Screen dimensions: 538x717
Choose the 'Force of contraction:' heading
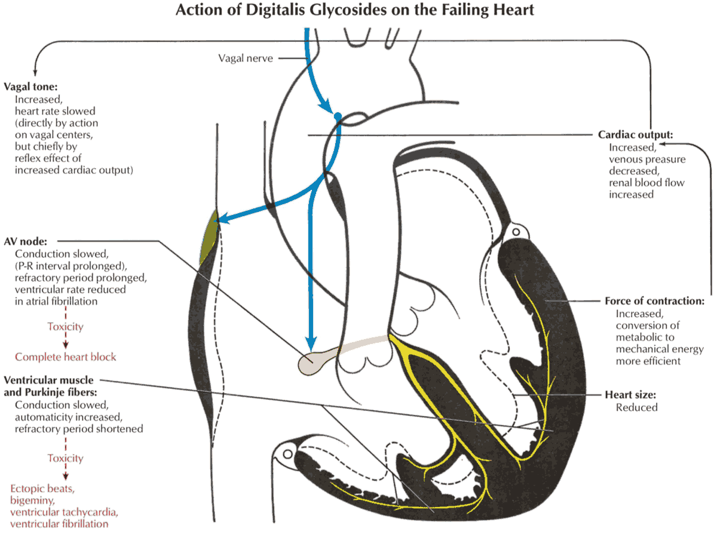(x=654, y=301)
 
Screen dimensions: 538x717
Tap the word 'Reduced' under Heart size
(x=636, y=407)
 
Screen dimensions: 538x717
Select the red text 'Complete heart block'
(x=66, y=357)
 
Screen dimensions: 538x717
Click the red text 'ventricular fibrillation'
(x=59, y=524)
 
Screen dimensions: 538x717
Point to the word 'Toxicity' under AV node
(x=65, y=327)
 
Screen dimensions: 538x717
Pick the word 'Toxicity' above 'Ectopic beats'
(x=65, y=459)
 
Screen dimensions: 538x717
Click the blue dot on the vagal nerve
(x=338, y=115)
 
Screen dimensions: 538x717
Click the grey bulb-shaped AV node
(x=312, y=362)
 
